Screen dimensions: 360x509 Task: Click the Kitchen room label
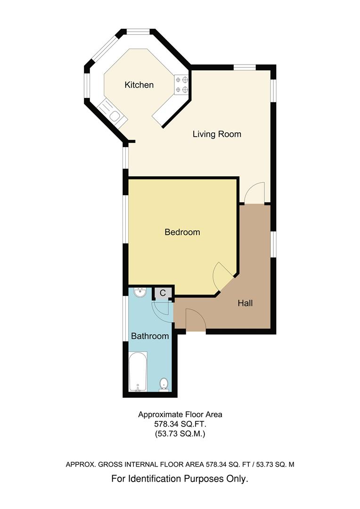(139, 85)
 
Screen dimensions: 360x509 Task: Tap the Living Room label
(217, 134)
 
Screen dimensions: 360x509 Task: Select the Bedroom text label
(182, 232)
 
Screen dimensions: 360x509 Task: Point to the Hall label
(245, 303)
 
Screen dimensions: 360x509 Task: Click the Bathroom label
(150, 336)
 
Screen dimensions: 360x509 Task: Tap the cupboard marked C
(163, 293)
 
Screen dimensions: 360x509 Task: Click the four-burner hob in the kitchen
(182, 84)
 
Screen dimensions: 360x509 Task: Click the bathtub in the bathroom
(138, 372)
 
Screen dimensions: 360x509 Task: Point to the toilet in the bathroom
(164, 385)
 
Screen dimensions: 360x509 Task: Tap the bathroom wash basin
(140, 293)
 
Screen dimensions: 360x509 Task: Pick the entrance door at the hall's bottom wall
(196, 320)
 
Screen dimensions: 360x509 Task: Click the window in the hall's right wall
(273, 245)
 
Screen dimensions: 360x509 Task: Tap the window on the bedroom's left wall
(126, 219)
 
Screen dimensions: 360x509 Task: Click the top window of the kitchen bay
(138, 32)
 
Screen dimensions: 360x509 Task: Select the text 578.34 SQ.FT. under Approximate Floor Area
(180, 424)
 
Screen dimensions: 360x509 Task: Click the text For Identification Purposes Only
(180, 478)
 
